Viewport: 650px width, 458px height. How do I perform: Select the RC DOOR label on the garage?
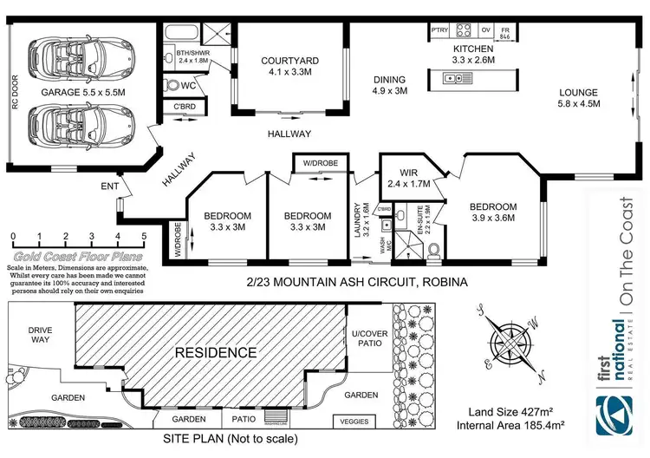(15, 90)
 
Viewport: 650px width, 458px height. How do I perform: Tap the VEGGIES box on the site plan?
(354, 422)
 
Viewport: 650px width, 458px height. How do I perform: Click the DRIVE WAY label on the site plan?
(41, 336)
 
